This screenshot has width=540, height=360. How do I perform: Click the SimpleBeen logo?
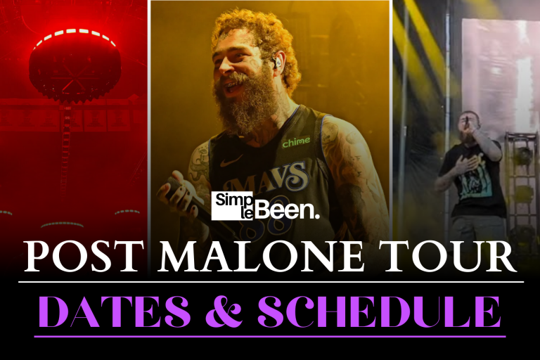pyautogui.click(x=265, y=205)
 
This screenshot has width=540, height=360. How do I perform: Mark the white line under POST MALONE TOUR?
pyautogui.click(x=270, y=282)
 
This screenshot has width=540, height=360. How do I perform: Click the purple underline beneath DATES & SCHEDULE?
pyautogui.click(x=270, y=336)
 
